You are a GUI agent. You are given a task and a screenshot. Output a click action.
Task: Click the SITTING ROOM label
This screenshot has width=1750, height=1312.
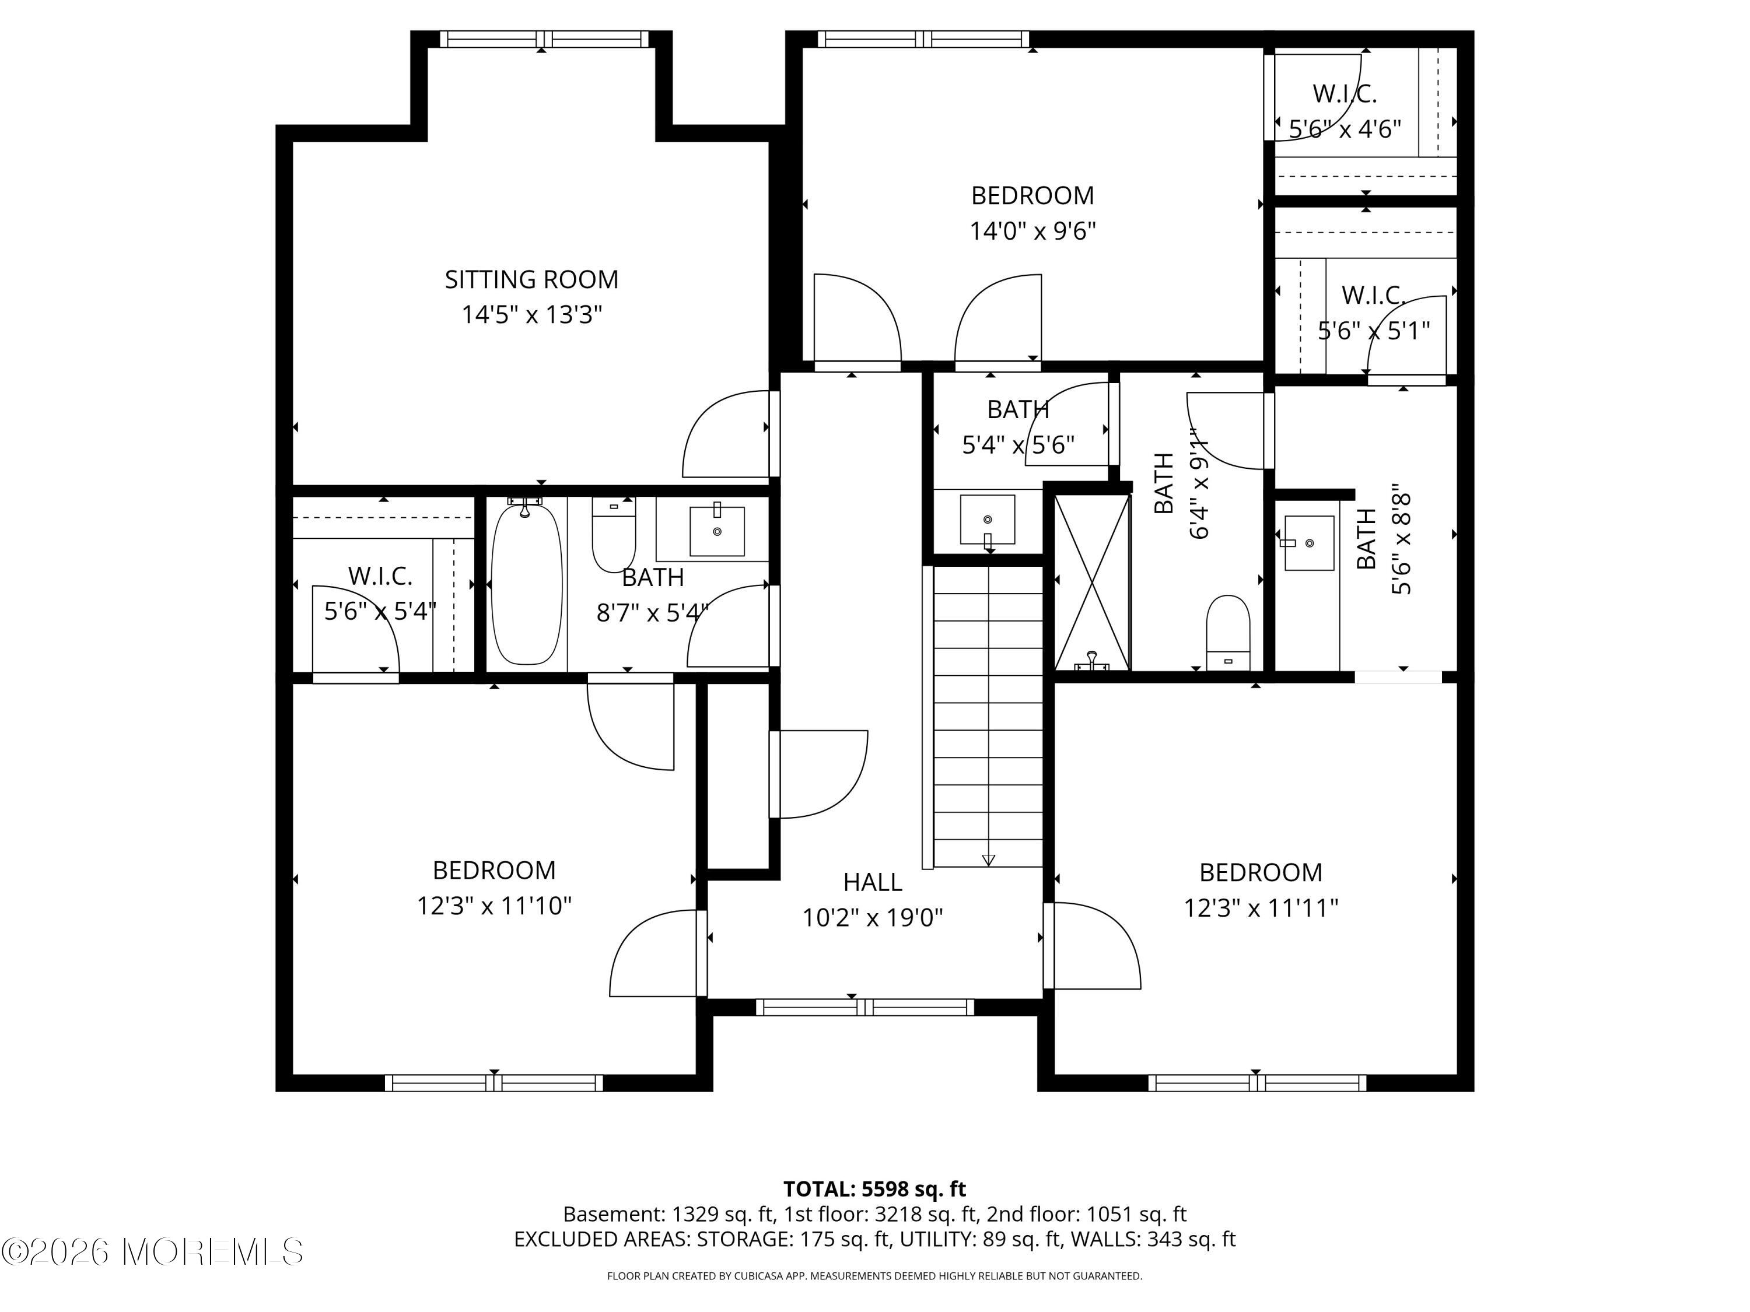[x=531, y=279]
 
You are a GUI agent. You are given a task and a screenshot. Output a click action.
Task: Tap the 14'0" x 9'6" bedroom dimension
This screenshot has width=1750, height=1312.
[x=1032, y=231]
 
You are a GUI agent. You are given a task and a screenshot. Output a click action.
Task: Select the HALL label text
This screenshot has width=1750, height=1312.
[x=872, y=882]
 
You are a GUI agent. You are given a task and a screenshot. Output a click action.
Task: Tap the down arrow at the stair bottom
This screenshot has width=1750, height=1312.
[x=988, y=860]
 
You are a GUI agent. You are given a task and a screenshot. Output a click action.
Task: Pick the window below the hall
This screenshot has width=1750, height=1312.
[x=864, y=1006]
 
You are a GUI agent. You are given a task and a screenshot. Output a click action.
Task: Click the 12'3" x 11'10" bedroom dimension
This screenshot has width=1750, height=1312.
[x=495, y=906]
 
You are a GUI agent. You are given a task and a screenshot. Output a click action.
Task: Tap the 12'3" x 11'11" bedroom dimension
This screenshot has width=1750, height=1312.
[x=1260, y=908]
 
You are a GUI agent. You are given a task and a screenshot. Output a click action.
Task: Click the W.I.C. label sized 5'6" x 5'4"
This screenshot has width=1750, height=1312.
[x=380, y=577]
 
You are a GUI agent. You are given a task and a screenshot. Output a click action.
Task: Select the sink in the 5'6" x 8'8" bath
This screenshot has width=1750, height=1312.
[x=1308, y=542]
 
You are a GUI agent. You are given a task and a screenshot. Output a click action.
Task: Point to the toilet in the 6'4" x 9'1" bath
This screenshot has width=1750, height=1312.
[x=1228, y=633]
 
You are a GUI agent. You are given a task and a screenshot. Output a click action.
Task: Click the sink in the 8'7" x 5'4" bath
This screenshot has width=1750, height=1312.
[x=717, y=530]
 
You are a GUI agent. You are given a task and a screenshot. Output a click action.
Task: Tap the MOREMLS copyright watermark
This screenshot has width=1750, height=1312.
[x=152, y=1252]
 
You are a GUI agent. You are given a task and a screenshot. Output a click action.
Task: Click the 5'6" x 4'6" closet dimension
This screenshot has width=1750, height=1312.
[x=1345, y=128]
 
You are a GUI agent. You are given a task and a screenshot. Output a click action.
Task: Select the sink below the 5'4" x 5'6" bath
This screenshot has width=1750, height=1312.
[x=988, y=520]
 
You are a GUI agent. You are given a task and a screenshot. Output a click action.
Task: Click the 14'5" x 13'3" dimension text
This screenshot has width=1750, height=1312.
[x=531, y=315]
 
